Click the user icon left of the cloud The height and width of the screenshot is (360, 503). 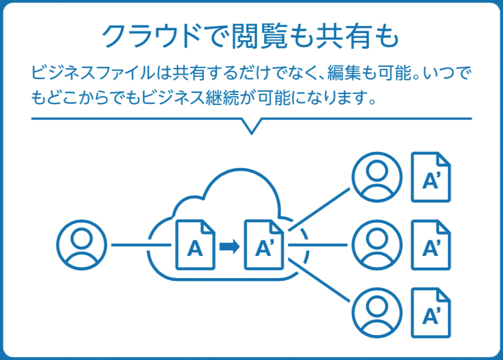(x=81, y=245)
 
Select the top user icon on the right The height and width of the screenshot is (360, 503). (x=377, y=178)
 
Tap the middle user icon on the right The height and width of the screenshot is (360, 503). (x=377, y=245)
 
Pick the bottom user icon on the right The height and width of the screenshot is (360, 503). (x=377, y=313)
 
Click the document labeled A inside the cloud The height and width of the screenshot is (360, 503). (x=195, y=245)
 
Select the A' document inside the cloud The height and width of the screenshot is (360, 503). (x=264, y=245)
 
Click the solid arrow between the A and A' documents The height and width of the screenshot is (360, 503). (x=229, y=247)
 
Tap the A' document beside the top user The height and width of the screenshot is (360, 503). (x=431, y=178)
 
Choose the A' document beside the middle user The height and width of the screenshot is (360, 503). (x=431, y=245)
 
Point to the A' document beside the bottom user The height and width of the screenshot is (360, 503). (x=431, y=313)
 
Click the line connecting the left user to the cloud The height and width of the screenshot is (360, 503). (x=141, y=245)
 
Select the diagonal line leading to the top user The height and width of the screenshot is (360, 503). (x=319, y=210)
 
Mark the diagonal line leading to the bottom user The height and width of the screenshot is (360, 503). (x=319, y=280)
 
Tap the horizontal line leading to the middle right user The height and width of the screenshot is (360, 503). (x=318, y=245)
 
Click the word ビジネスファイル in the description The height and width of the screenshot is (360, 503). (x=93, y=73)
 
